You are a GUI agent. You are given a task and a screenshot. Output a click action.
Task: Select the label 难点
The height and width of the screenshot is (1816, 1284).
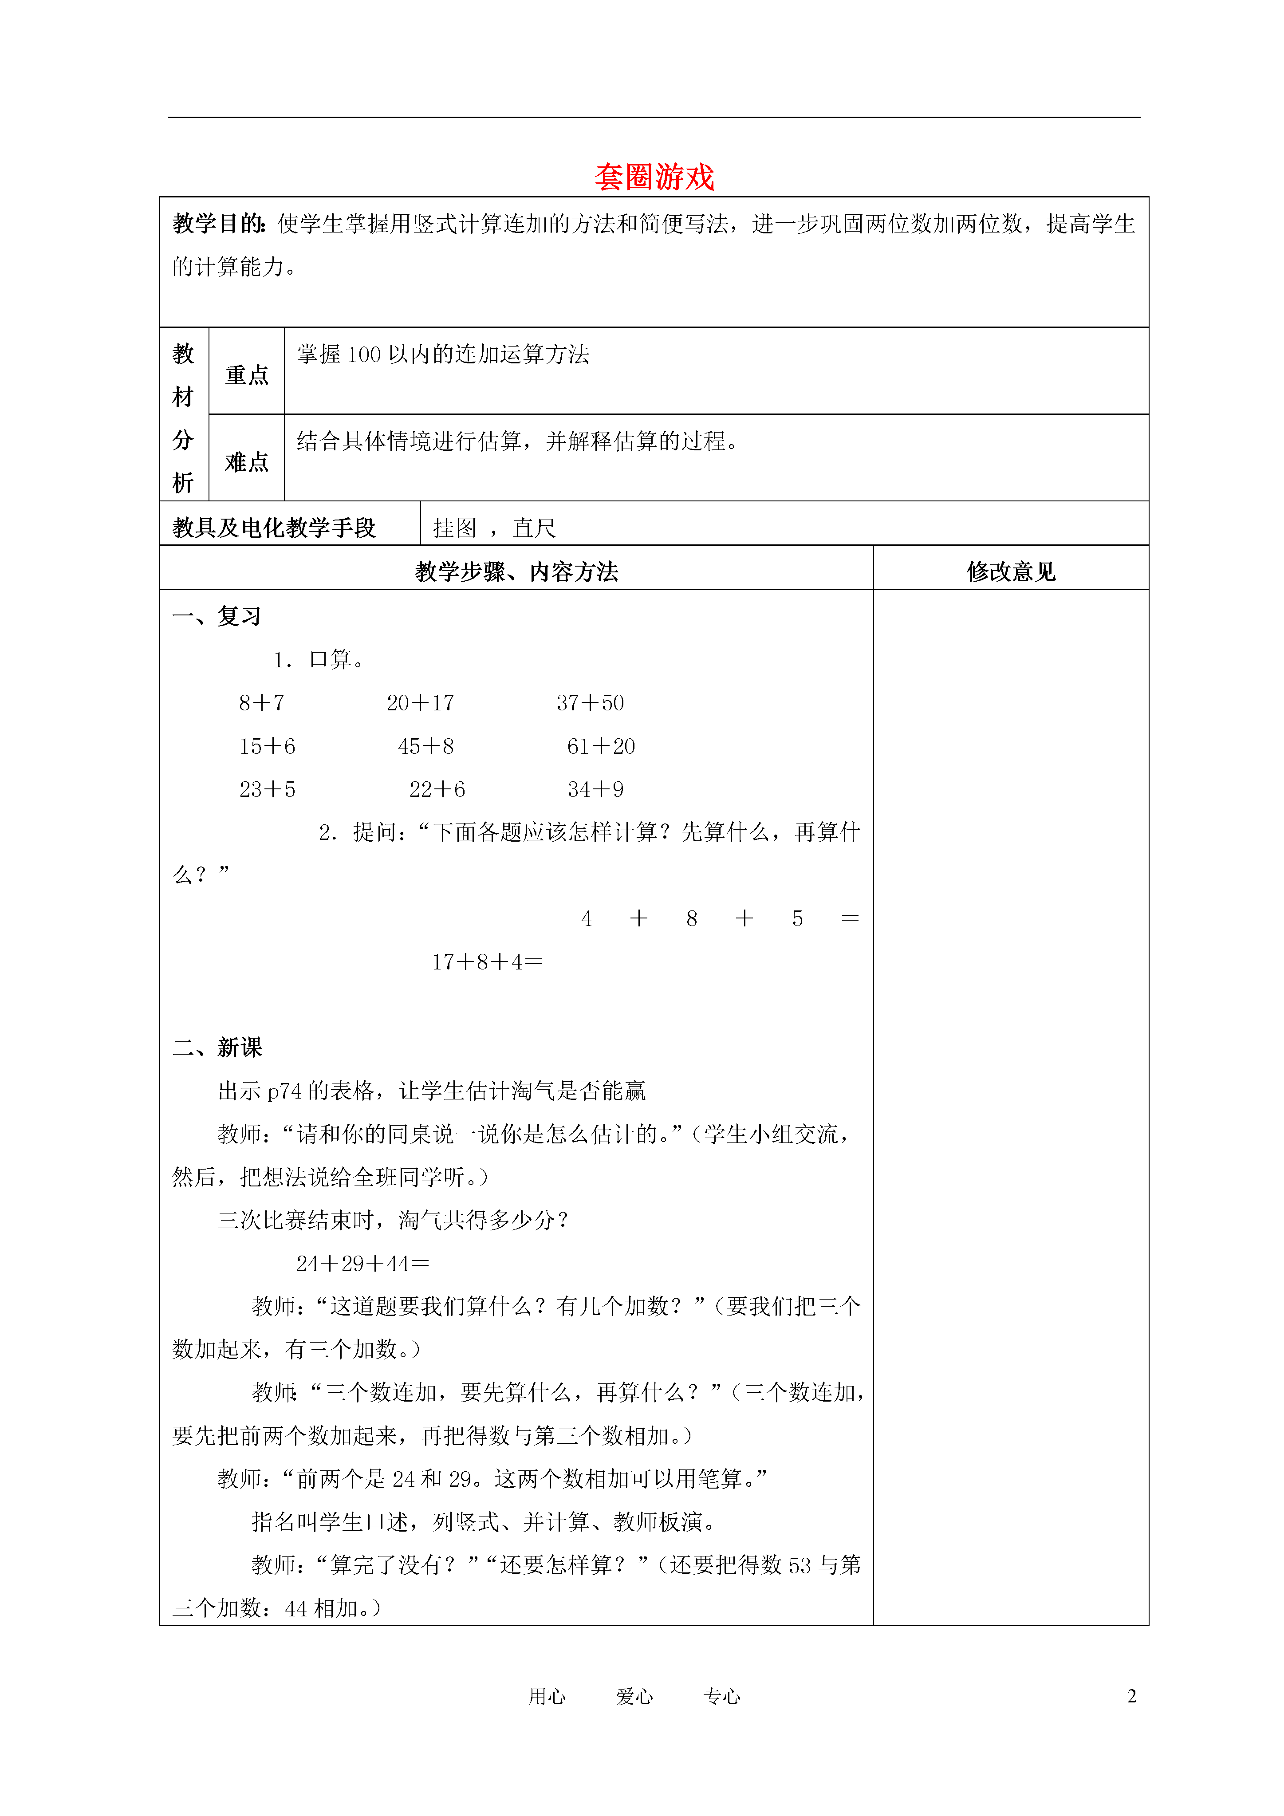point(247,462)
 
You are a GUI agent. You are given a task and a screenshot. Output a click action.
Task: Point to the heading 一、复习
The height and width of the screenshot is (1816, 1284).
point(217,616)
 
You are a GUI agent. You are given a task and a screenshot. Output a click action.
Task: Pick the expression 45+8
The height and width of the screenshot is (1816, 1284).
point(425,746)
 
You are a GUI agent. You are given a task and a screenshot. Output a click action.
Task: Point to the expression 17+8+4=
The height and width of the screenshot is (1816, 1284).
point(487,962)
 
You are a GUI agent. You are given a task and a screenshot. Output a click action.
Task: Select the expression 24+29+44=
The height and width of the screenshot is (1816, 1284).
point(362,1263)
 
